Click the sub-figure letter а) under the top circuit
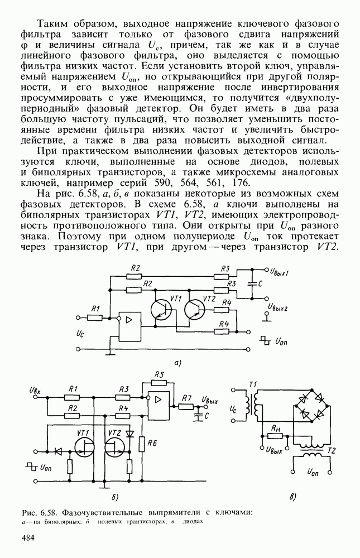click(x=177, y=363)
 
